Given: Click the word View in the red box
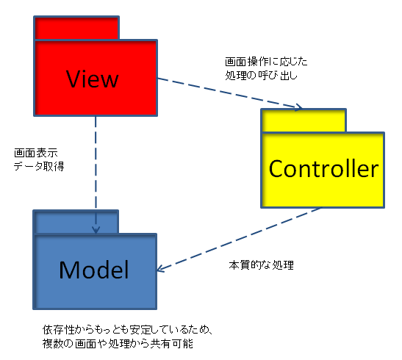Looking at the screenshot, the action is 93,79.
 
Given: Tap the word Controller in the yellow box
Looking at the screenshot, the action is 323,168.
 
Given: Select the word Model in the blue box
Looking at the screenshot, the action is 94,270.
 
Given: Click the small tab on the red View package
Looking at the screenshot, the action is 76,28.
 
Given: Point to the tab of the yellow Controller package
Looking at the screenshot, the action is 304,120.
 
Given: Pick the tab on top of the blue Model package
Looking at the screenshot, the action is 76,222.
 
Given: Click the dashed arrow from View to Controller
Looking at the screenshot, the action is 230,93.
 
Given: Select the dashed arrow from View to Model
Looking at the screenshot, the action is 96,175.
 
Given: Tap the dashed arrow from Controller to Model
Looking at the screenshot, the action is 238,240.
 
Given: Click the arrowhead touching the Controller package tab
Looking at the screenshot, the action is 299,107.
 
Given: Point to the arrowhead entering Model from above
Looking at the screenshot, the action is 96,230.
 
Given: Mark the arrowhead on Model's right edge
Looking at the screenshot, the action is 160,268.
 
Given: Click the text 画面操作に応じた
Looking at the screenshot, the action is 266,62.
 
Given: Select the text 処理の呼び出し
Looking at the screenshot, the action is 261,76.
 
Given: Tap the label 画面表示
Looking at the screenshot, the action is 36,153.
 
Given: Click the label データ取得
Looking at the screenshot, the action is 39,167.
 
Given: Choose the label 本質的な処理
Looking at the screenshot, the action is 261,265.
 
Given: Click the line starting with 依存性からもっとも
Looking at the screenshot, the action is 128,330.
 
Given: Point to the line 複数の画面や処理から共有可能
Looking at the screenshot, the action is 118,344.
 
